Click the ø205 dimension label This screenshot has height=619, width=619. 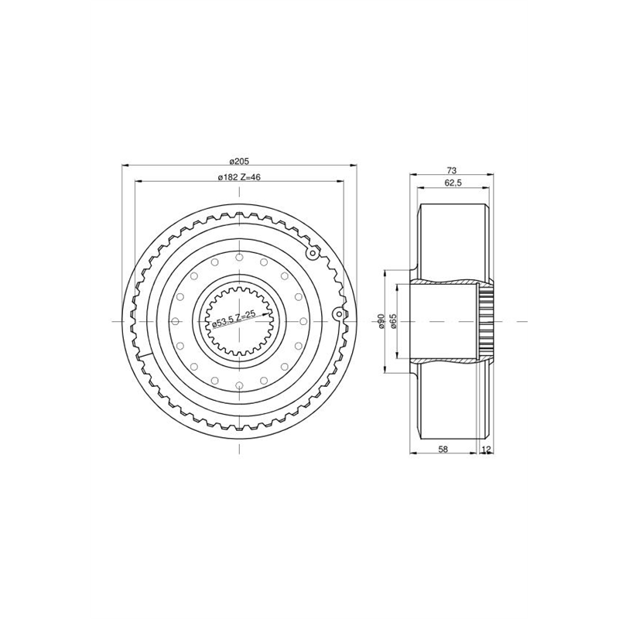pos(239,162)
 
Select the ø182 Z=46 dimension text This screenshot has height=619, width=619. pos(239,177)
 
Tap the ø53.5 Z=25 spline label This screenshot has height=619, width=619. pos(234,320)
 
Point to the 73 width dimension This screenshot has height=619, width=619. pos(452,170)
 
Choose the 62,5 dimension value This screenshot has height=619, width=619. pos(453,183)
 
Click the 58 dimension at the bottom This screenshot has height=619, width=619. pos(443,449)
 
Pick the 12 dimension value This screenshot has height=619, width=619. pos(487,449)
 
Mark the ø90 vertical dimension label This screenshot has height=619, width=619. pos(381,321)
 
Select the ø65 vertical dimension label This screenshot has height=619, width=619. pos(393,321)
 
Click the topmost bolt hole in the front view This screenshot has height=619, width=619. pos(239,258)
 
